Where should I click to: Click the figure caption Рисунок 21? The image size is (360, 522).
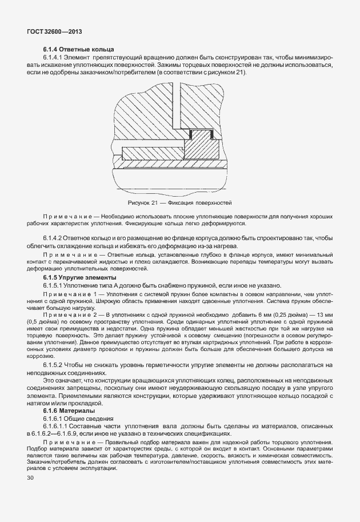tap(179, 203)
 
